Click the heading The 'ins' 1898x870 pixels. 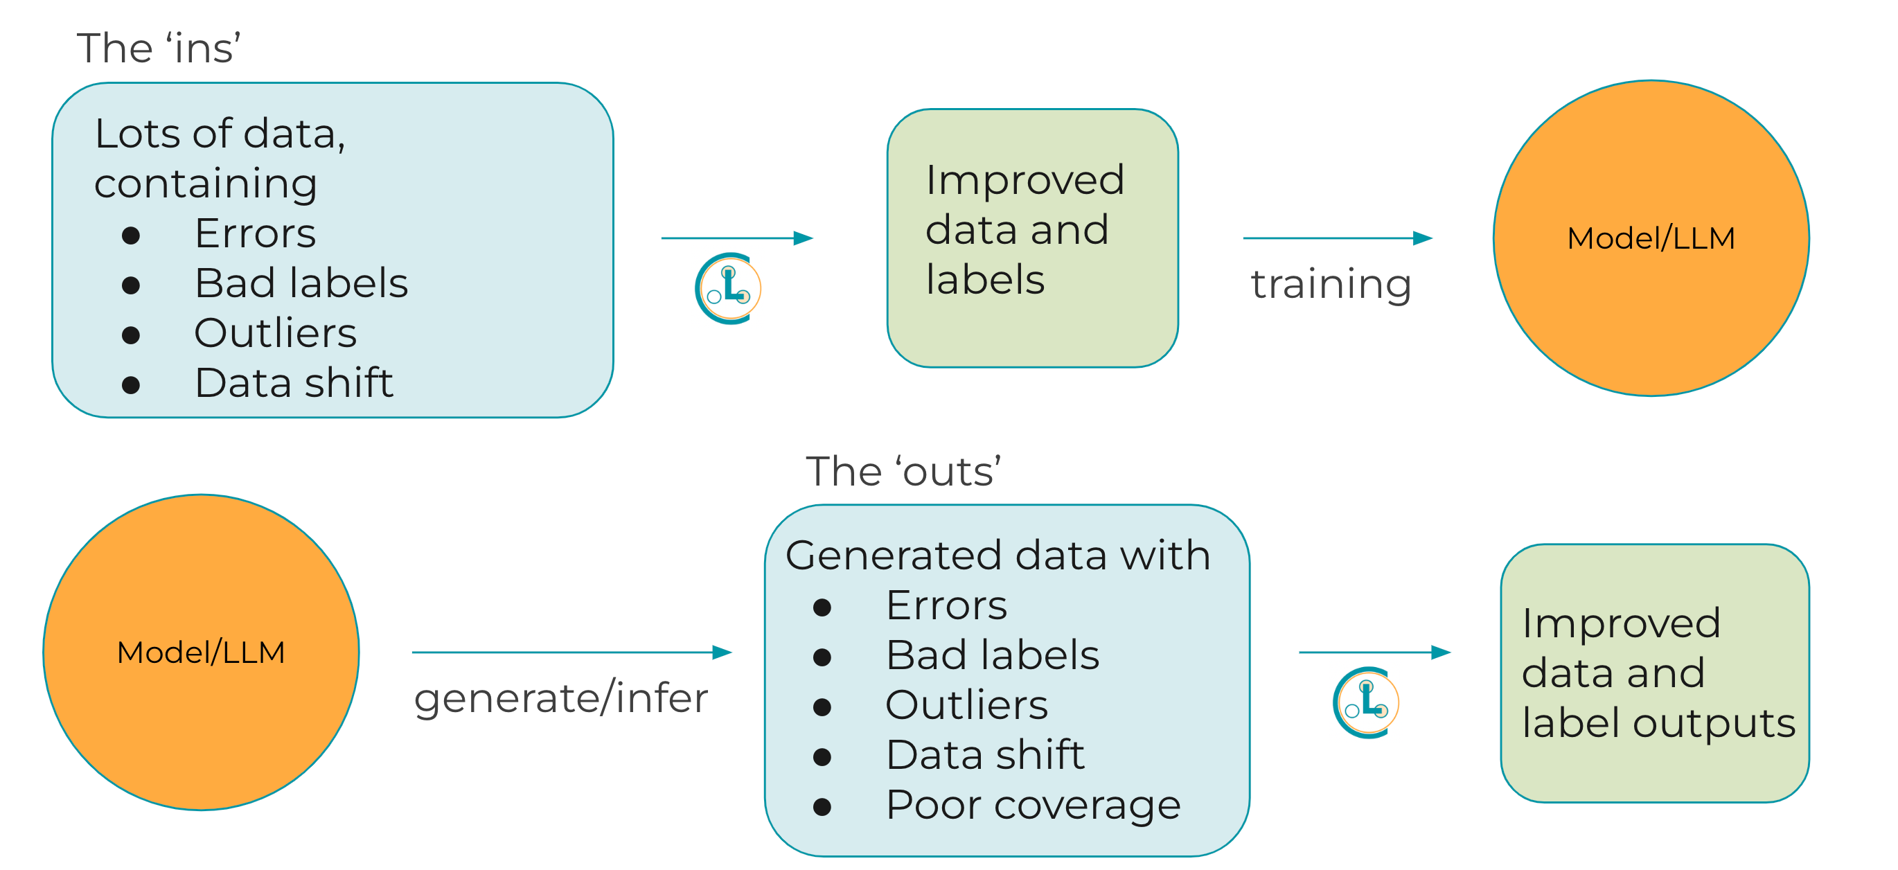click(x=159, y=48)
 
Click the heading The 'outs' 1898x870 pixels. click(x=903, y=472)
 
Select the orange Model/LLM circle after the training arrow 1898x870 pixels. click(x=1651, y=238)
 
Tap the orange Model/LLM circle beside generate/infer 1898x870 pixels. click(x=200, y=652)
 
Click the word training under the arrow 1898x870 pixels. click(x=1331, y=285)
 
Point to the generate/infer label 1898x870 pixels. click(x=560, y=698)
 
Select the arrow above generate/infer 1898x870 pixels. click(x=571, y=652)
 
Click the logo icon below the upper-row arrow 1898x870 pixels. click(x=728, y=289)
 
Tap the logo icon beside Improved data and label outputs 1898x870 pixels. click(x=1365, y=703)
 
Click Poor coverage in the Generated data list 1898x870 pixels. click(x=1033, y=804)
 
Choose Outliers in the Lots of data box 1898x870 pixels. click(x=276, y=333)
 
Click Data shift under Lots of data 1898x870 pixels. click(x=294, y=383)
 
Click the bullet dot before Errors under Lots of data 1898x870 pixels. click(x=131, y=235)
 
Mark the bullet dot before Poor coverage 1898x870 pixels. click(x=822, y=808)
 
